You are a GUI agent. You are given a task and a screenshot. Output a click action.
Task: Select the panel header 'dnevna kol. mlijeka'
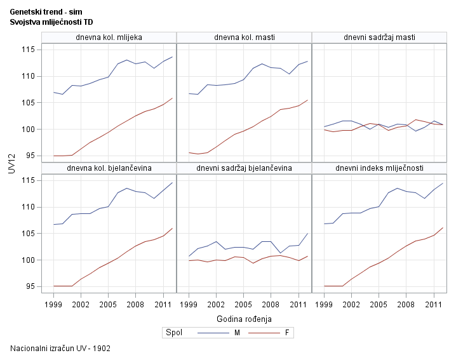tap(109, 37)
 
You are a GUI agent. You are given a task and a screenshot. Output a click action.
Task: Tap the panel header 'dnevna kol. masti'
tap(245, 37)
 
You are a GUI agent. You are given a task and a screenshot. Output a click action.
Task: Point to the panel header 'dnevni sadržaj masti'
tap(379, 37)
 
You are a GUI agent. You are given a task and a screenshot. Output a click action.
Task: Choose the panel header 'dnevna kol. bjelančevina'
tap(109, 168)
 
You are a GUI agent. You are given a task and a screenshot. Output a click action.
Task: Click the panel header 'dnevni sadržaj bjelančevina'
tap(245, 168)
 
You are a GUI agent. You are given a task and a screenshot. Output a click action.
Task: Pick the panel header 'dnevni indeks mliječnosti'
tap(379, 168)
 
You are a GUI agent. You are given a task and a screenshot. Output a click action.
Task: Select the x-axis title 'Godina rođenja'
tap(244, 318)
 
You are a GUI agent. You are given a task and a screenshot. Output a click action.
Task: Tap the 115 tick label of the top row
tap(28, 50)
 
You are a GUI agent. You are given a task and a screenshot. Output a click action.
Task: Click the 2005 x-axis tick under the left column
tap(108, 304)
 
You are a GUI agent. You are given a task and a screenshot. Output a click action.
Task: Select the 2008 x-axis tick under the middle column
tap(271, 304)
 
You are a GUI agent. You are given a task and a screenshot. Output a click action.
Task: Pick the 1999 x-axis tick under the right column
tap(325, 304)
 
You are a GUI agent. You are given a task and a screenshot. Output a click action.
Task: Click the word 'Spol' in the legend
tap(173, 333)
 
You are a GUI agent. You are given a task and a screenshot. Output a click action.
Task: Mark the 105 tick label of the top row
tap(28, 103)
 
